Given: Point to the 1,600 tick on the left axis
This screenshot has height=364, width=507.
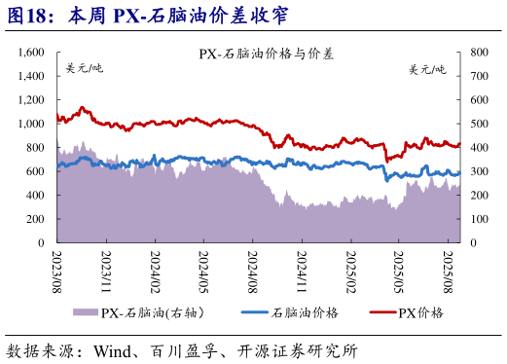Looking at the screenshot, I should coord(30,52).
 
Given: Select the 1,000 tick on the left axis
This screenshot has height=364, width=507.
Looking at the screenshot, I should coord(30,124).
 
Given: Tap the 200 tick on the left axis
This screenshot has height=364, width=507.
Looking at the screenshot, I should coord(37,219).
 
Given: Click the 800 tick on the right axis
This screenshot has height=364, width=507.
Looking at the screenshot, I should coord(477,52).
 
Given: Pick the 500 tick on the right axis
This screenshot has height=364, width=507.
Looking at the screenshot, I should coord(477,124).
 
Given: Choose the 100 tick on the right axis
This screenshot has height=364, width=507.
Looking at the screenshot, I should coord(477,219).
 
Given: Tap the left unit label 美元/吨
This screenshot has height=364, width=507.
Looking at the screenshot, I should coord(84,69).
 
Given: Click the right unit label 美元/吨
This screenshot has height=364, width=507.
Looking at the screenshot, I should coord(427,69).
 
